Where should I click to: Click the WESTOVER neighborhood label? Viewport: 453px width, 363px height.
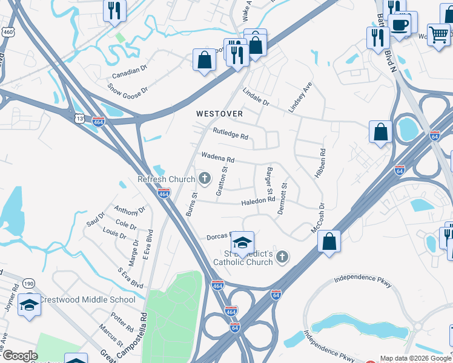point(219,114)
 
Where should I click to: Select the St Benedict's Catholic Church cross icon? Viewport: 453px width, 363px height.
point(281,258)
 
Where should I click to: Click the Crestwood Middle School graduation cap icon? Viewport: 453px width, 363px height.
point(28,306)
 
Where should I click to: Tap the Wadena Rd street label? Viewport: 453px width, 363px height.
point(217,158)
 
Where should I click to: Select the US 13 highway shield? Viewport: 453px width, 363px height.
point(80,119)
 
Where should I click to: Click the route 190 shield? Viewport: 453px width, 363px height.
point(28,284)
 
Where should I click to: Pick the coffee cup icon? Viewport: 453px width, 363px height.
point(400,25)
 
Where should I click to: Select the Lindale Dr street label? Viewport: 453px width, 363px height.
point(256,96)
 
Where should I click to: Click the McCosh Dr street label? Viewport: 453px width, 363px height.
point(317,218)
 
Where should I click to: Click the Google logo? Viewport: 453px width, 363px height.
point(19,356)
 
